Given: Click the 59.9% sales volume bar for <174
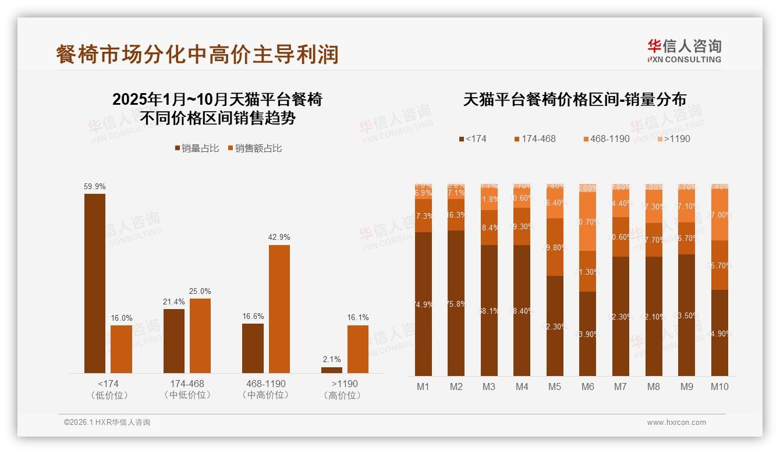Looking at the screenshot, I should click(95, 283).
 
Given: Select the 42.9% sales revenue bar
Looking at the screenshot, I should click(279, 309).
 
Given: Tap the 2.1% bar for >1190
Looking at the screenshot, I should click(332, 370).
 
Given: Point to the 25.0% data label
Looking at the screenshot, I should click(200, 291).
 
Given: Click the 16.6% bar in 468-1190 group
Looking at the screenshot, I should click(253, 348).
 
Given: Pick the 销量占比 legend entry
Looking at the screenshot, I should click(197, 148).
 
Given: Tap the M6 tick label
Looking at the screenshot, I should click(588, 386).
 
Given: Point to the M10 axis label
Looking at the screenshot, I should click(719, 386).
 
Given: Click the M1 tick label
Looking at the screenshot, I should click(423, 386).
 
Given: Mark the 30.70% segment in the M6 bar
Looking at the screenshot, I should click(588, 221).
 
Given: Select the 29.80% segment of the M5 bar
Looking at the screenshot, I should click(555, 247).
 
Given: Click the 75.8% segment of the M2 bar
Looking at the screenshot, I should click(456, 303).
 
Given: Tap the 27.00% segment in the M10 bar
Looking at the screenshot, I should click(719, 214).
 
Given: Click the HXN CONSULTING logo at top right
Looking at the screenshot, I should click(684, 51).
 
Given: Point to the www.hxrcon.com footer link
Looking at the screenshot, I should click(676, 423).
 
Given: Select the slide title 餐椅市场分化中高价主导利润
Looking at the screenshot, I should click(197, 55).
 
